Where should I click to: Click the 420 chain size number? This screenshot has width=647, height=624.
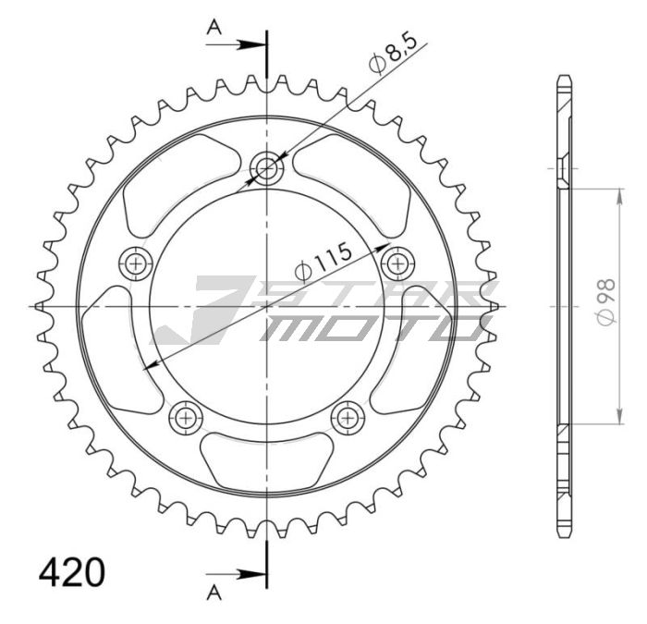tap(71, 572)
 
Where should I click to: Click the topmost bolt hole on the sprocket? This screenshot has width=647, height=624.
tap(268, 169)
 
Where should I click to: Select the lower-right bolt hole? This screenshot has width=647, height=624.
tap(348, 416)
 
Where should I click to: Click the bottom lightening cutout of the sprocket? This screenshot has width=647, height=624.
tap(268, 459)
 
